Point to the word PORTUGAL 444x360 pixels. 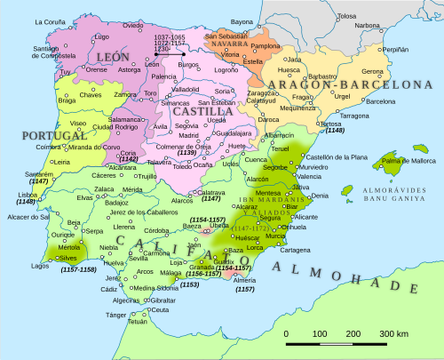pyautogui.click(x=39, y=138)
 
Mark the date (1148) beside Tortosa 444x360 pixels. pyautogui.click(x=336, y=131)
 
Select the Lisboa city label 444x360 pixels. pyautogui.click(x=23, y=193)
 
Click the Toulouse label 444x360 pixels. pyautogui.click(x=346, y=16)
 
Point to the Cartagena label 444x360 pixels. pyautogui.click(x=296, y=250)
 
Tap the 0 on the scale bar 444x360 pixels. pyautogui.click(x=286, y=333)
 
